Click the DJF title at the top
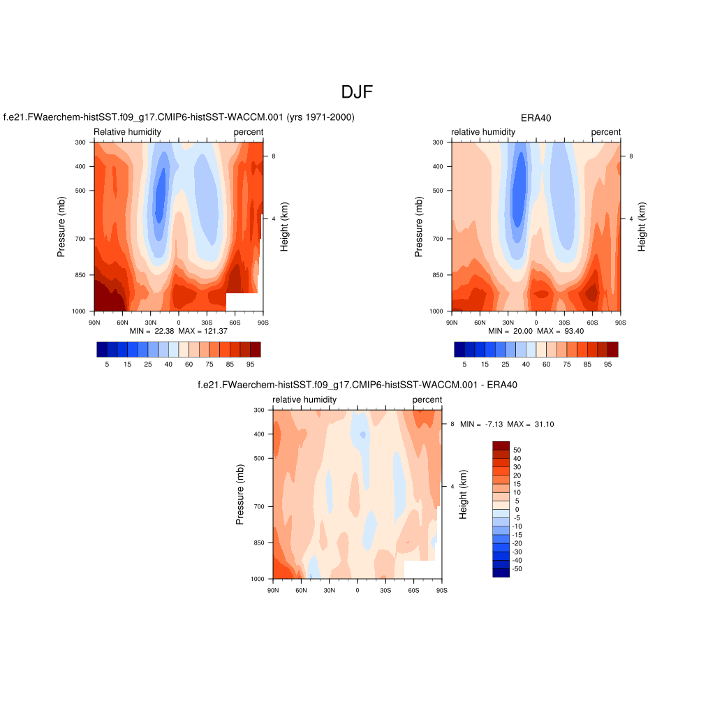pyautogui.click(x=357, y=92)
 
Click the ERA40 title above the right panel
pyautogui.click(x=536, y=118)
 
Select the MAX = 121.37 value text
pyautogui.click(x=203, y=331)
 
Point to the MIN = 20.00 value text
pyautogui.click(x=511, y=331)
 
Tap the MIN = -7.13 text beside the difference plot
pyautogui.click(x=482, y=425)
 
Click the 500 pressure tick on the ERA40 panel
pyautogui.click(x=438, y=191)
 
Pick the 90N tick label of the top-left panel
pyautogui.click(x=94, y=322)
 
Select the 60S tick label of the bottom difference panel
pyautogui.click(x=413, y=590)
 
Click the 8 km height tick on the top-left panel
pyautogui.click(x=273, y=156)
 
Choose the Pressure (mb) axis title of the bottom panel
pyautogui.click(x=240, y=494)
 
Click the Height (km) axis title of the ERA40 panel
pyautogui.click(x=642, y=227)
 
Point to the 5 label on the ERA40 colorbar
pyautogui.click(x=464, y=364)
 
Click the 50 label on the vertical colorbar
pyautogui.click(x=517, y=450)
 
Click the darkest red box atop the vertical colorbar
pyautogui.click(x=501, y=445)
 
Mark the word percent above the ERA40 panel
pyautogui.click(x=605, y=132)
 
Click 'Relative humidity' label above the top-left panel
pyautogui.click(x=127, y=132)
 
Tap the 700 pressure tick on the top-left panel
pyautogui.click(x=80, y=239)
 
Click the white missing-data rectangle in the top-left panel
pyautogui.click(x=244, y=302)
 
